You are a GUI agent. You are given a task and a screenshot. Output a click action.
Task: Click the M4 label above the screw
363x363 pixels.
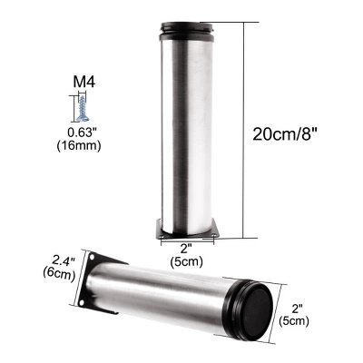[83, 82]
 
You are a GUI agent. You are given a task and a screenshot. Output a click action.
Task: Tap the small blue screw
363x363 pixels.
[82, 108]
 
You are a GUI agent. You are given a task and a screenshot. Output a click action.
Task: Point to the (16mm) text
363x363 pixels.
[79, 146]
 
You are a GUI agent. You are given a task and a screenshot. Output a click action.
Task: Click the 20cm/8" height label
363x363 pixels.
[286, 133]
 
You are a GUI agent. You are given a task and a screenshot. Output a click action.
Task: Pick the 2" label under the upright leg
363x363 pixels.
[186, 249]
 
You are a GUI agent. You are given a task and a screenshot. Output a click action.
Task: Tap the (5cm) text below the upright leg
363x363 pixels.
[186, 261]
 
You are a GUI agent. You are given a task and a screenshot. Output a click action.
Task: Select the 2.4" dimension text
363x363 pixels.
[64, 260]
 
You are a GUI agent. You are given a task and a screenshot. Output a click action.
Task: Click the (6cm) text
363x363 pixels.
[59, 274]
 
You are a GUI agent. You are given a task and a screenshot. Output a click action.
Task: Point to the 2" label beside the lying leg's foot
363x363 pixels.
[298, 309]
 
